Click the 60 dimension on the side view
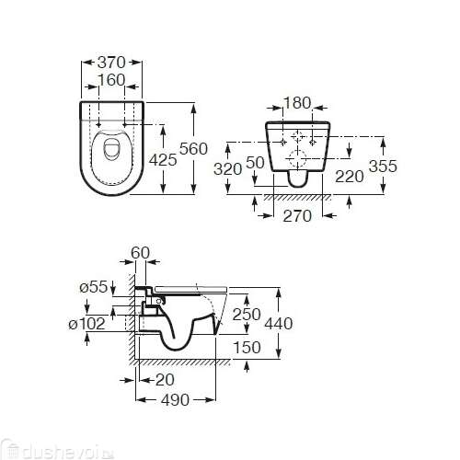tap(141, 251)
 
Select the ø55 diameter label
tap(96, 288)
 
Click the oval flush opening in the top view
tap(111, 149)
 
